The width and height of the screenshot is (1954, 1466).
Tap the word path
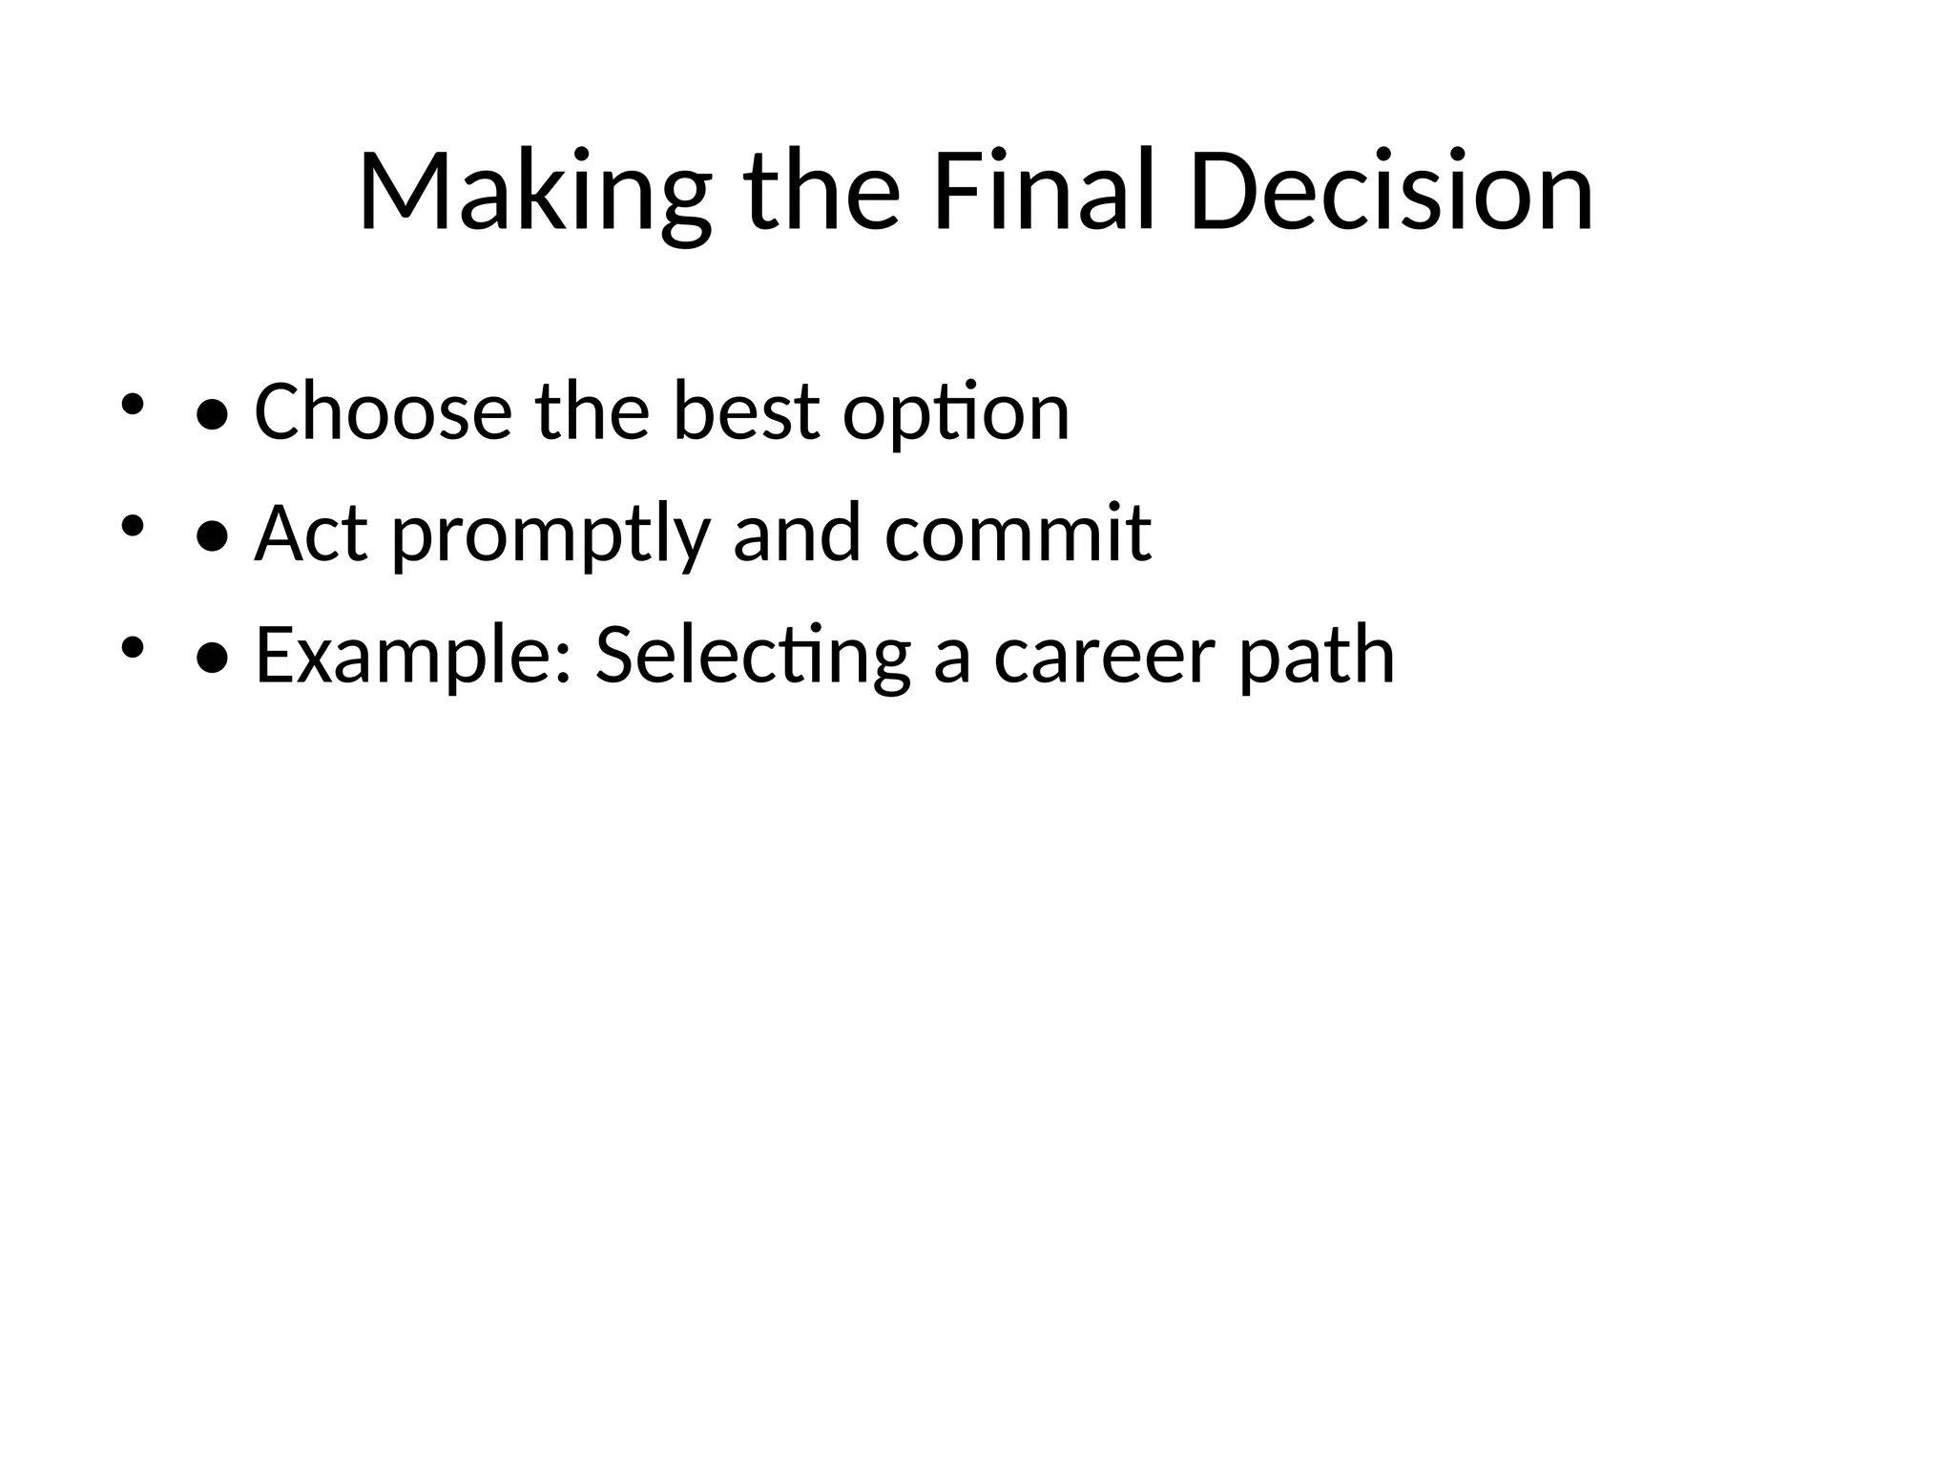point(1317,655)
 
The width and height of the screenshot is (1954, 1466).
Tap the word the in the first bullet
point(592,411)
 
